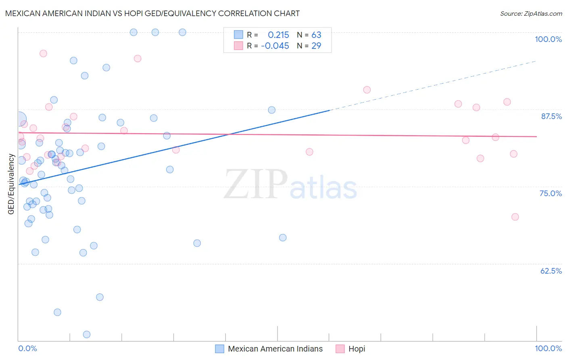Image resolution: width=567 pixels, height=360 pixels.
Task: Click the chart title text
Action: [152, 13]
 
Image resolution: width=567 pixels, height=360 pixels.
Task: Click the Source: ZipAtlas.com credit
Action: [531, 13]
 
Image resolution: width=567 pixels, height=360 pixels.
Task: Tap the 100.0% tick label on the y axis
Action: [548, 39]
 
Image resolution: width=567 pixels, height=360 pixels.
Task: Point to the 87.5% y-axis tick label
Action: [551, 116]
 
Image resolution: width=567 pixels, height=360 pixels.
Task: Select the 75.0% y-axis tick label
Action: [550, 193]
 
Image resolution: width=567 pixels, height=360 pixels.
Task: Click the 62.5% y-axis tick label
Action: [551, 271]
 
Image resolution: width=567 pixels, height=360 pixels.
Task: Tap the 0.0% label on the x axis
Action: [27, 348]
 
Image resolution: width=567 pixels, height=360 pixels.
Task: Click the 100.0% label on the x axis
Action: [548, 348]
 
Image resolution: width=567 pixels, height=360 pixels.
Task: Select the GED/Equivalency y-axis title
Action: [11, 184]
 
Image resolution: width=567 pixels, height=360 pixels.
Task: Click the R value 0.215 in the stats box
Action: [278, 35]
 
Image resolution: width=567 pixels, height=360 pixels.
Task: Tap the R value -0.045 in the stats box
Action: [275, 46]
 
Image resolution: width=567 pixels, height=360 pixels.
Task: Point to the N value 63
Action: [316, 35]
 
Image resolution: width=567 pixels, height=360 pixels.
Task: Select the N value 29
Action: [316, 46]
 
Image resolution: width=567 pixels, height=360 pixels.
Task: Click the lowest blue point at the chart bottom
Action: [86, 334]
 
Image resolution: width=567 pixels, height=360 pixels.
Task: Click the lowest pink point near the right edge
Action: [515, 217]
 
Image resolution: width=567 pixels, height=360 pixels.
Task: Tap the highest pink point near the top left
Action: [43, 53]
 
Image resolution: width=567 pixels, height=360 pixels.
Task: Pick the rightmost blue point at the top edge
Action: [182, 32]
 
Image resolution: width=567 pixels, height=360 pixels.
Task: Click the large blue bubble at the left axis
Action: [19, 119]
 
